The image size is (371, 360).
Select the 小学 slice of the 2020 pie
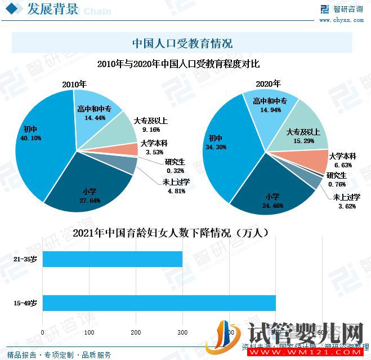[270, 197]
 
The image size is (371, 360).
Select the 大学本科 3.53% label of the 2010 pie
[154, 147]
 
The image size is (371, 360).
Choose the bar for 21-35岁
[113, 259]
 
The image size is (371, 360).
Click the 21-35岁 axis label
[25, 260]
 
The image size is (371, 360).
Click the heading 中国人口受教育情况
[182, 43]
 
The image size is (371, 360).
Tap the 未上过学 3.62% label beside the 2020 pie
[346, 201]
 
